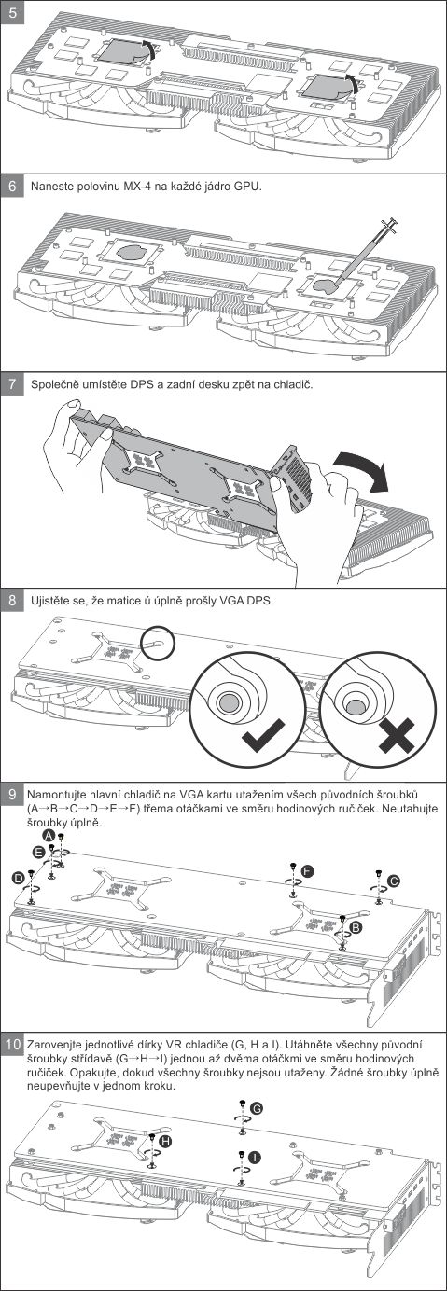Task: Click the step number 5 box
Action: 13,12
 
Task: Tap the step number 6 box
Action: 13,187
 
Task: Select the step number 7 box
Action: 13,384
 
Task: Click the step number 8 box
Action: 13,600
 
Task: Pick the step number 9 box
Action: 13,794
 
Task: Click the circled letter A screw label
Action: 49,835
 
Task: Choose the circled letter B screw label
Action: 356,926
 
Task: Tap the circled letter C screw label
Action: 394,880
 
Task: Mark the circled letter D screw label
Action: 19,877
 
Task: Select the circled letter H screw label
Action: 166,1141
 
